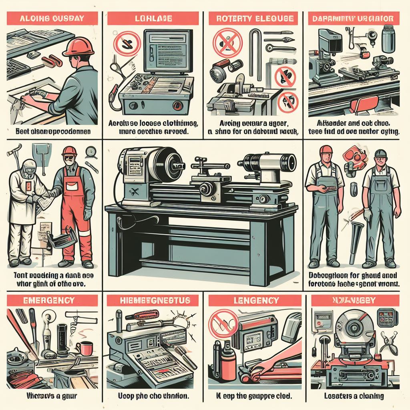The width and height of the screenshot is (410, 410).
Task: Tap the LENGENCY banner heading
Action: pyautogui.click(x=251, y=299)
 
